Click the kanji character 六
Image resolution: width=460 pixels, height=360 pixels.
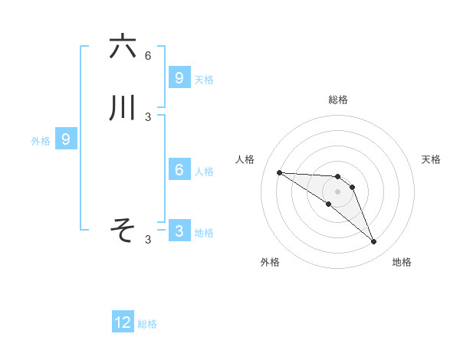[123, 47]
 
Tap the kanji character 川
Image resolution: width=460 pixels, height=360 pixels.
[123, 108]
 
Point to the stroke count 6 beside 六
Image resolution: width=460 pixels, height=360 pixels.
[148, 56]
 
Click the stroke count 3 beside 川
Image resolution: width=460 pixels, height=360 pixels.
[148, 117]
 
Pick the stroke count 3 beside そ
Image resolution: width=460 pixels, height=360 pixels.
[148, 240]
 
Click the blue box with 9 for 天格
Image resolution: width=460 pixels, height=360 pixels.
[179, 77]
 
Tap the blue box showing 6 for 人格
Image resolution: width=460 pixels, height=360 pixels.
[179, 170]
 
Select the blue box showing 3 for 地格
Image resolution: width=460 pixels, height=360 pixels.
[179, 231]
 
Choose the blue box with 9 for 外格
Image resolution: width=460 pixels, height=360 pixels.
[66, 139]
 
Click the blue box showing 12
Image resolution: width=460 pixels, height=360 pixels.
[123, 322]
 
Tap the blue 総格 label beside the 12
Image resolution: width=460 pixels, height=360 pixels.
[147, 324]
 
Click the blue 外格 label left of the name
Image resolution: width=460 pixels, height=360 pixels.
[41, 141]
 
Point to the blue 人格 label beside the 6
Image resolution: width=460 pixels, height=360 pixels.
[205, 172]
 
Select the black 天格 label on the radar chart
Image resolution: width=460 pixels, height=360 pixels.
[431, 159]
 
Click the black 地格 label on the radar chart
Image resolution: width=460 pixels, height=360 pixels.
[402, 262]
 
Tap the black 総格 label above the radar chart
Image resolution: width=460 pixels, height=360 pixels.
[338, 100]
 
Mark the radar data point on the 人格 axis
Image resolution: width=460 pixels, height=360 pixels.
[279, 172]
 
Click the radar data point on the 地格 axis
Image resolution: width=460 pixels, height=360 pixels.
[373, 242]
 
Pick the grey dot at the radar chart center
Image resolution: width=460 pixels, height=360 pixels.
[337, 191]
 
